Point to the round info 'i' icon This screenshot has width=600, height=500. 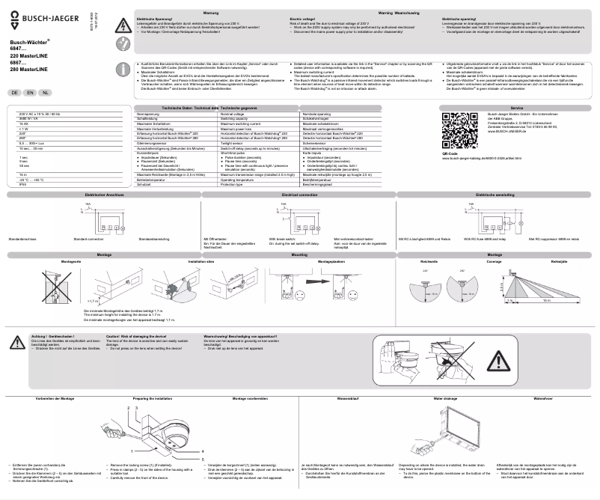click(x=122, y=70)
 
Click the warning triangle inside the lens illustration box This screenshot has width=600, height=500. click(x=499, y=362)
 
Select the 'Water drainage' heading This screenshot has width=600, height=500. click(x=445, y=400)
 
